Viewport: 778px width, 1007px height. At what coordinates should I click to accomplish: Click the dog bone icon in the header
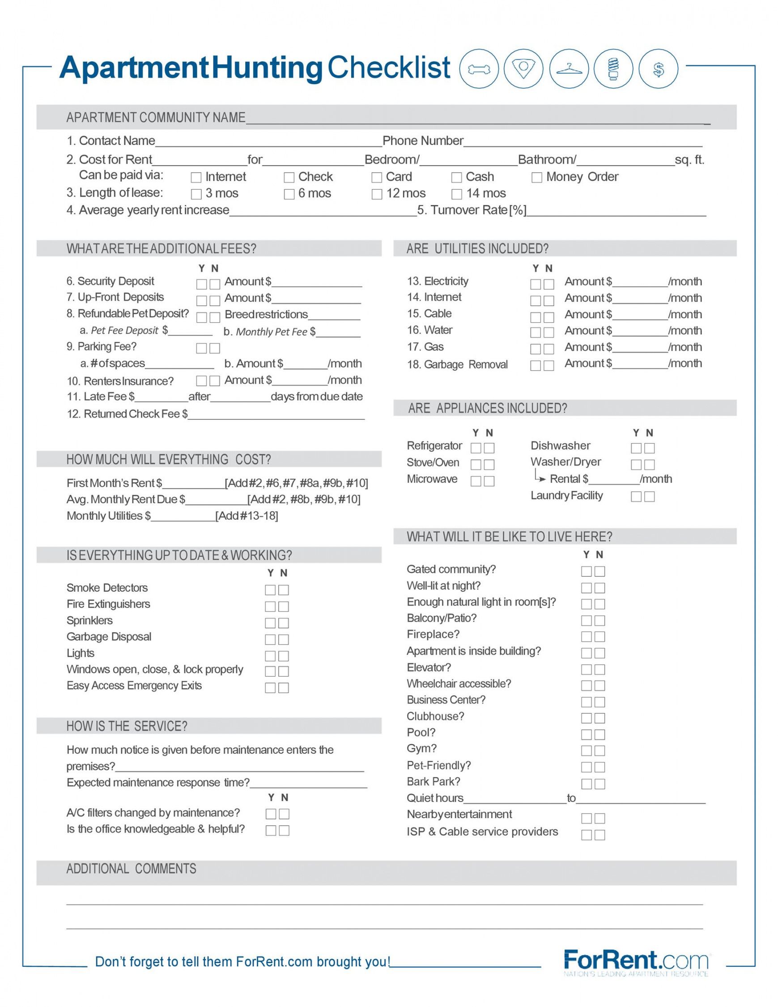[479, 69]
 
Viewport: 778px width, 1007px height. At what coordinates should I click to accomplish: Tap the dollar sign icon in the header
[659, 69]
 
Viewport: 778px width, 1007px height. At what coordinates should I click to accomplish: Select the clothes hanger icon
[569, 69]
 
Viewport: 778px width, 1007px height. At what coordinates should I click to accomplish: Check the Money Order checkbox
[536, 178]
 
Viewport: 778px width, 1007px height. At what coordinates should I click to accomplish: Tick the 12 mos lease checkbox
[377, 194]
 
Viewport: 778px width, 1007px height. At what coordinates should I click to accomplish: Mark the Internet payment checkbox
[196, 178]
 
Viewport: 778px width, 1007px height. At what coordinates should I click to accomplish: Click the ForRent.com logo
[636, 961]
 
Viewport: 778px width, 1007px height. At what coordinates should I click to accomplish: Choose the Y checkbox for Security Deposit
[201, 284]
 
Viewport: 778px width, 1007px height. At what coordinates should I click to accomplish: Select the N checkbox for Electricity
[548, 284]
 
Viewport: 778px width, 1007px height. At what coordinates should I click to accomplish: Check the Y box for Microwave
[476, 481]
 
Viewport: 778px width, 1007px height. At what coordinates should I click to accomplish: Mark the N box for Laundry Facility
[650, 497]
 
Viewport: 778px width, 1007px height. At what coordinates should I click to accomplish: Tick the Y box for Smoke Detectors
[270, 590]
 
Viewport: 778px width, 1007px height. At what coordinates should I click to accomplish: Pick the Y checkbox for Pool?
[586, 734]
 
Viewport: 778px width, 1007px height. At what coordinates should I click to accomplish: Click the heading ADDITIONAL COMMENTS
[132, 869]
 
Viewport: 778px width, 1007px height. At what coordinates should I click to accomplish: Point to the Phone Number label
[423, 141]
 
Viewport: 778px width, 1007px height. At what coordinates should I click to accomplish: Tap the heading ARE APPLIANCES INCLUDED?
[487, 408]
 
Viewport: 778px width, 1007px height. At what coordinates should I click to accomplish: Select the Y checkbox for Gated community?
[586, 571]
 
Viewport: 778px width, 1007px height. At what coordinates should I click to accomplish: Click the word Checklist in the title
[388, 67]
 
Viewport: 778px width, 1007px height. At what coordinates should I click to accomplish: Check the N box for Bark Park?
[599, 784]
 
